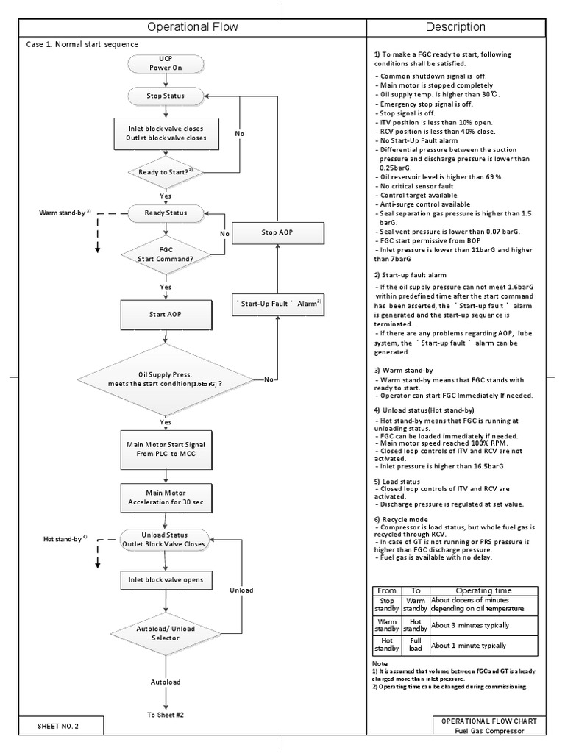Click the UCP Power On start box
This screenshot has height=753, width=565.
[165, 63]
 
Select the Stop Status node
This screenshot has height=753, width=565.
[165, 96]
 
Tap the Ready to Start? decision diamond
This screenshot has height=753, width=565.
[165, 172]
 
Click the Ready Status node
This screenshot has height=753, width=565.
[165, 213]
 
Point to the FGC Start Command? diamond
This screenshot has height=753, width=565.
[165, 254]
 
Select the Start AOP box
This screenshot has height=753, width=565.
[165, 314]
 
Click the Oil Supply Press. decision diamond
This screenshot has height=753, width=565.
[165, 379]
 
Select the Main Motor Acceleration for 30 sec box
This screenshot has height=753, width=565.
[165, 498]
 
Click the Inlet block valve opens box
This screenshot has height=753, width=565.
[165, 580]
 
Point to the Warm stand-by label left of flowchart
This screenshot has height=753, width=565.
[65, 213]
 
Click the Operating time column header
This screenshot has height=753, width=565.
[484, 590]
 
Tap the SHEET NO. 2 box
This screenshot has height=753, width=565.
[58, 726]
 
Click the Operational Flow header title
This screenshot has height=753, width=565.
[193, 27]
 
